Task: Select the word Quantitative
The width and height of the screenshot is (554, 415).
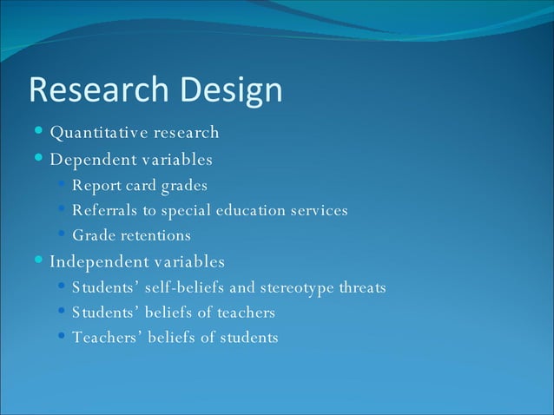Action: pyautogui.click(x=99, y=133)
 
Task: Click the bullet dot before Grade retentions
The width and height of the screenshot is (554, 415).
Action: pyautogui.click(x=62, y=234)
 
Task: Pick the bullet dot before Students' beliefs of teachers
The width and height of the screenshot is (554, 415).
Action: pyautogui.click(x=62, y=311)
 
